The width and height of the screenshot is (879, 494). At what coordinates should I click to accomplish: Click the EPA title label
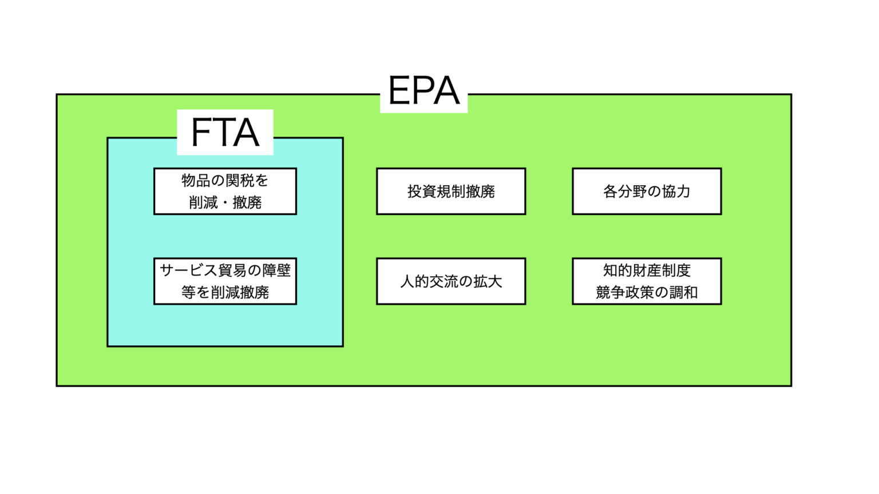pos(423,91)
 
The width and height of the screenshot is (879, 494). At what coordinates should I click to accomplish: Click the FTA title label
pos(225,133)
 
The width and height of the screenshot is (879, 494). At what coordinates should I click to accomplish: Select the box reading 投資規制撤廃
pos(451,192)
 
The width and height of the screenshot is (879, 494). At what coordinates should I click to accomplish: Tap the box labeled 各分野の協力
pos(647,192)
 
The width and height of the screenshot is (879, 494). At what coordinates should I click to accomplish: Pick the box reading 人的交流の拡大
pos(451,281)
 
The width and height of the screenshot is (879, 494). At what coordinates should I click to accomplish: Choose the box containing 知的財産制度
pos(647,281)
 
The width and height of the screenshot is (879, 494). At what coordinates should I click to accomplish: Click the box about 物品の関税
pos(225,192)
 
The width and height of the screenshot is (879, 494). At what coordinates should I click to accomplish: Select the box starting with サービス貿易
pos(225,281)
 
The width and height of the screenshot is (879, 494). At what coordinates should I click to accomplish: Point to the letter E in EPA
pos(399,91)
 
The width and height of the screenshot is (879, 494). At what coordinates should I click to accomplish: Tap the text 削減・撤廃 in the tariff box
pos(225,202)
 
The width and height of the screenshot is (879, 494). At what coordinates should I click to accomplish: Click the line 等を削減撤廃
pos(225,292)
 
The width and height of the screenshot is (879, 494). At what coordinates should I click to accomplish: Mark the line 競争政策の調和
pos(647,292)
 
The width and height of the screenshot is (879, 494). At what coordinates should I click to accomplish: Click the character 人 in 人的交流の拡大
pos(407,281)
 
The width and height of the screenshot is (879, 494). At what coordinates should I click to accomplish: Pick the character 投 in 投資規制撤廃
pos(414,192)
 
